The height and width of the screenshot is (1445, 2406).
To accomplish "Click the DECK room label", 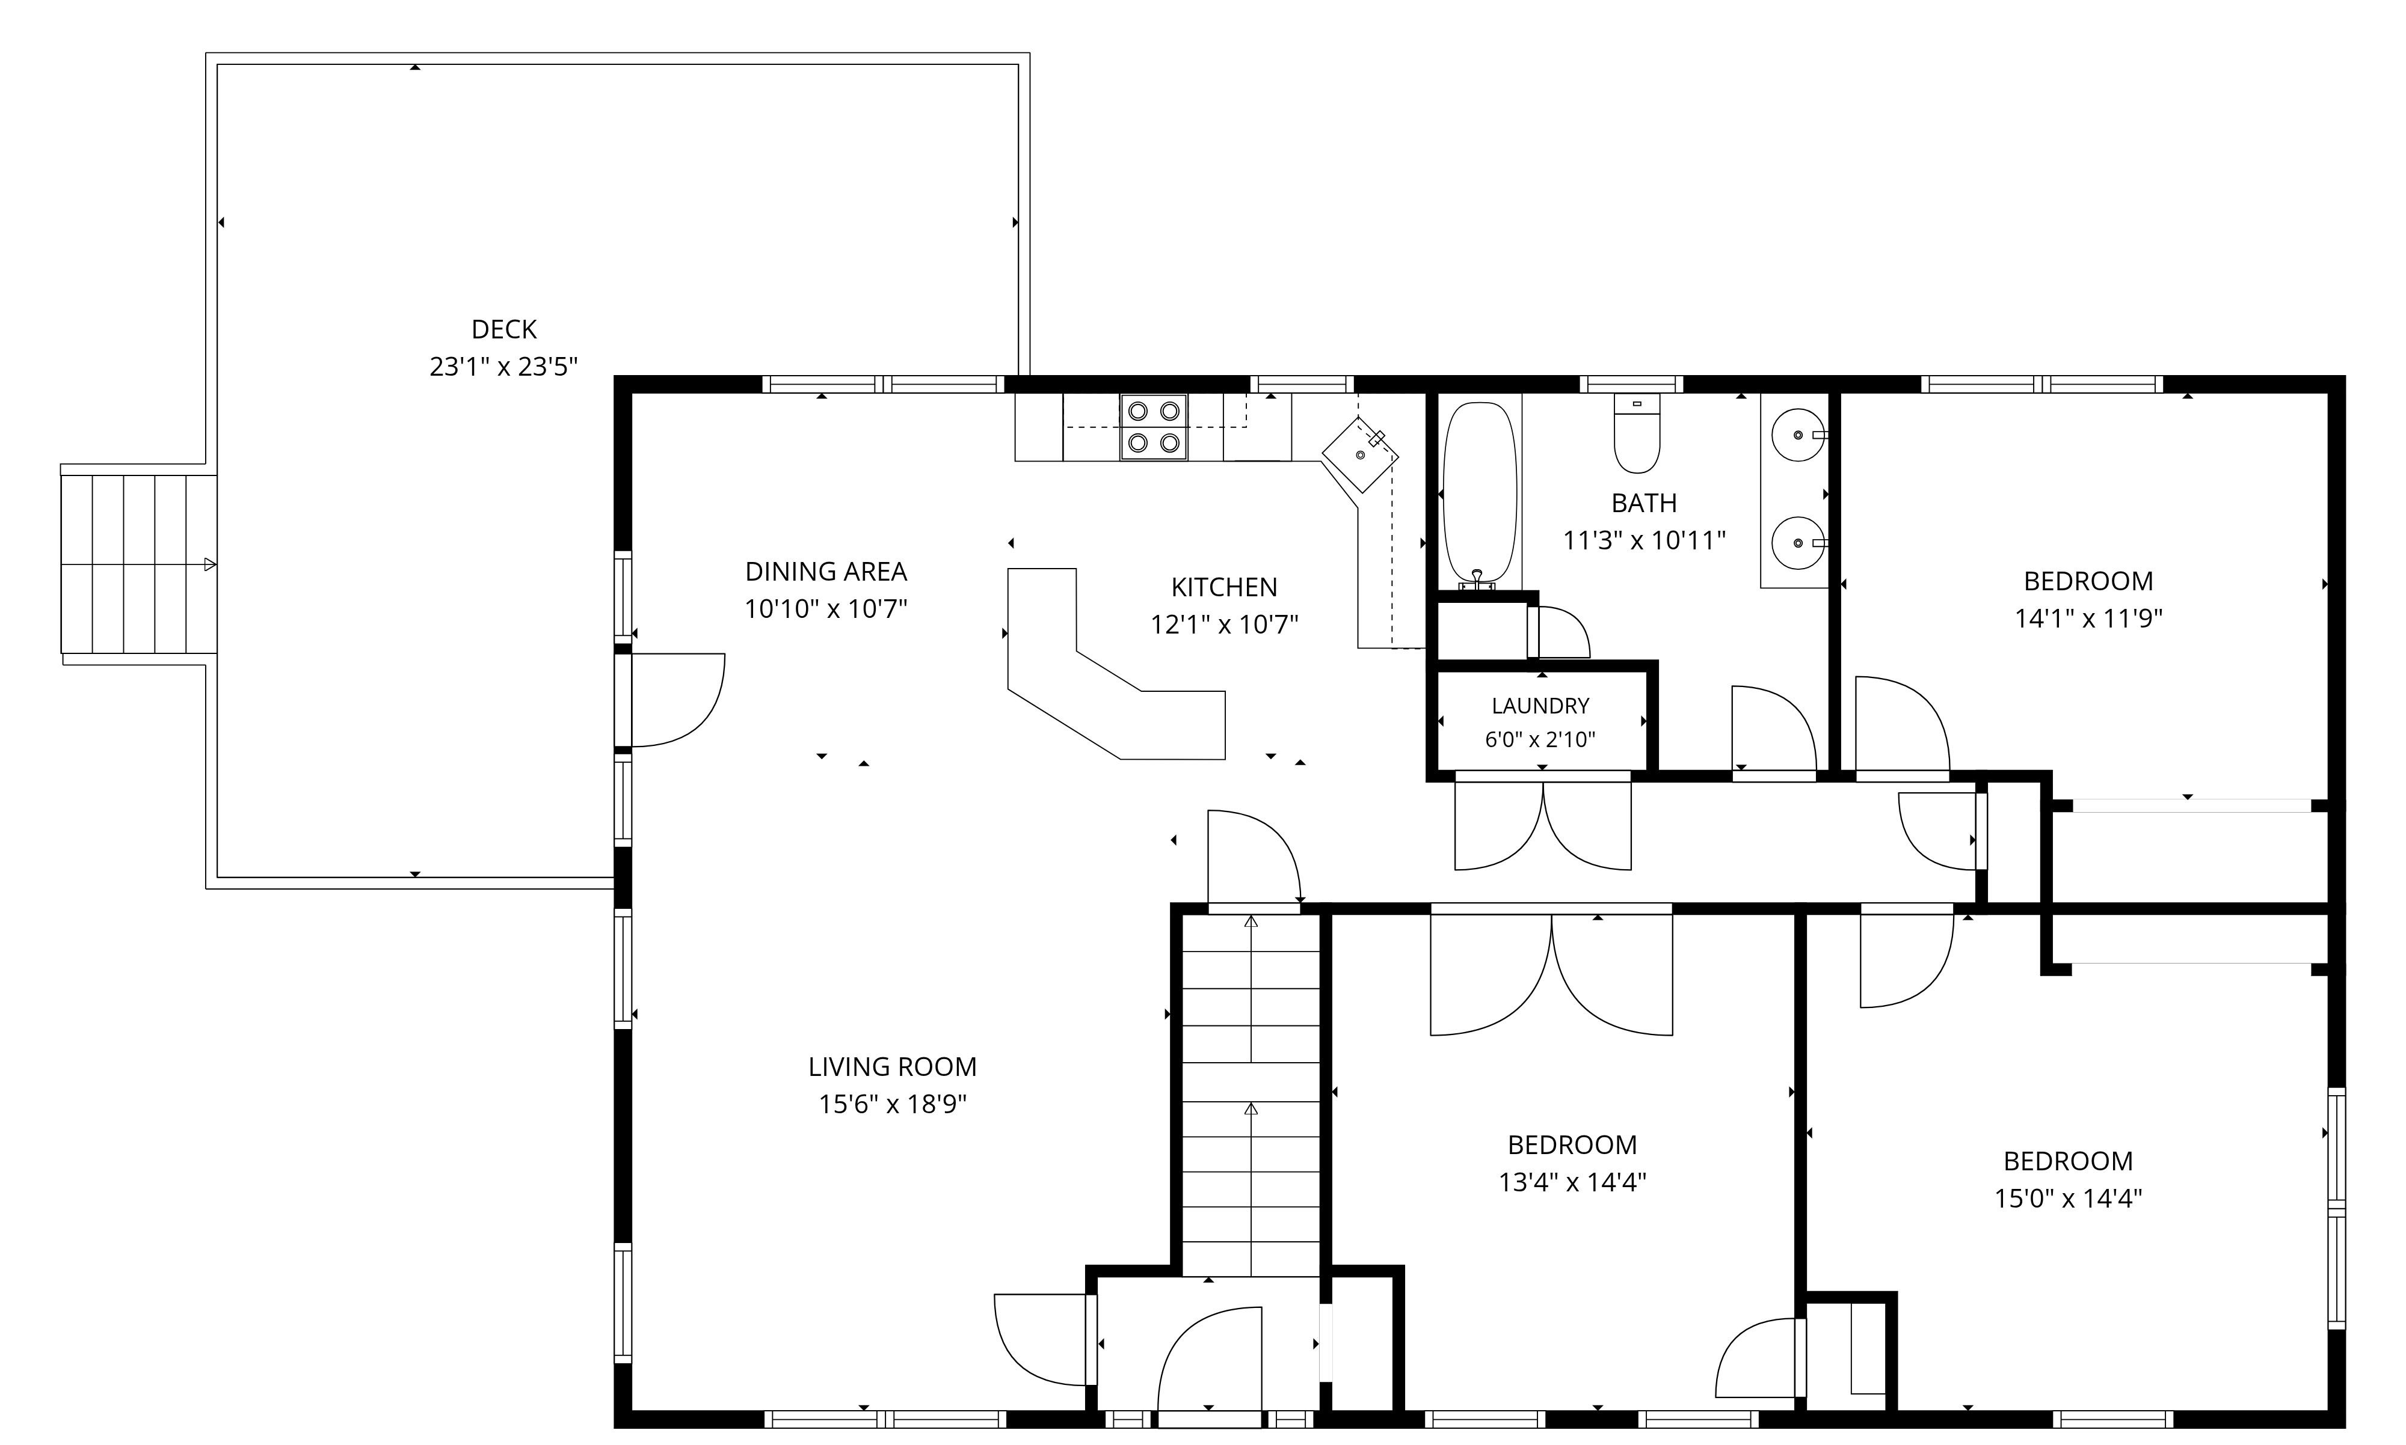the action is [503, 329].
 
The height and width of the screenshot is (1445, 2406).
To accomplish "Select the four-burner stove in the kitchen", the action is [1153, 427].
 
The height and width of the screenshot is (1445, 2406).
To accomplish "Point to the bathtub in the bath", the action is [1480, 495].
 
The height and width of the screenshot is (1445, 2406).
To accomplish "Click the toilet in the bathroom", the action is [1637, 433].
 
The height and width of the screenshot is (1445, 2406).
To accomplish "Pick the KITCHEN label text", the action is [1225, 587].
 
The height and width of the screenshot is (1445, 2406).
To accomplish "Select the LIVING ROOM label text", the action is [892, 1066].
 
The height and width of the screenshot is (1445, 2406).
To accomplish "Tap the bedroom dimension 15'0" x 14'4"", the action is [2068, 1198].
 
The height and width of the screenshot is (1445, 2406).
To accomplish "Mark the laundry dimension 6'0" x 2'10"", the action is [1540, 739].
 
